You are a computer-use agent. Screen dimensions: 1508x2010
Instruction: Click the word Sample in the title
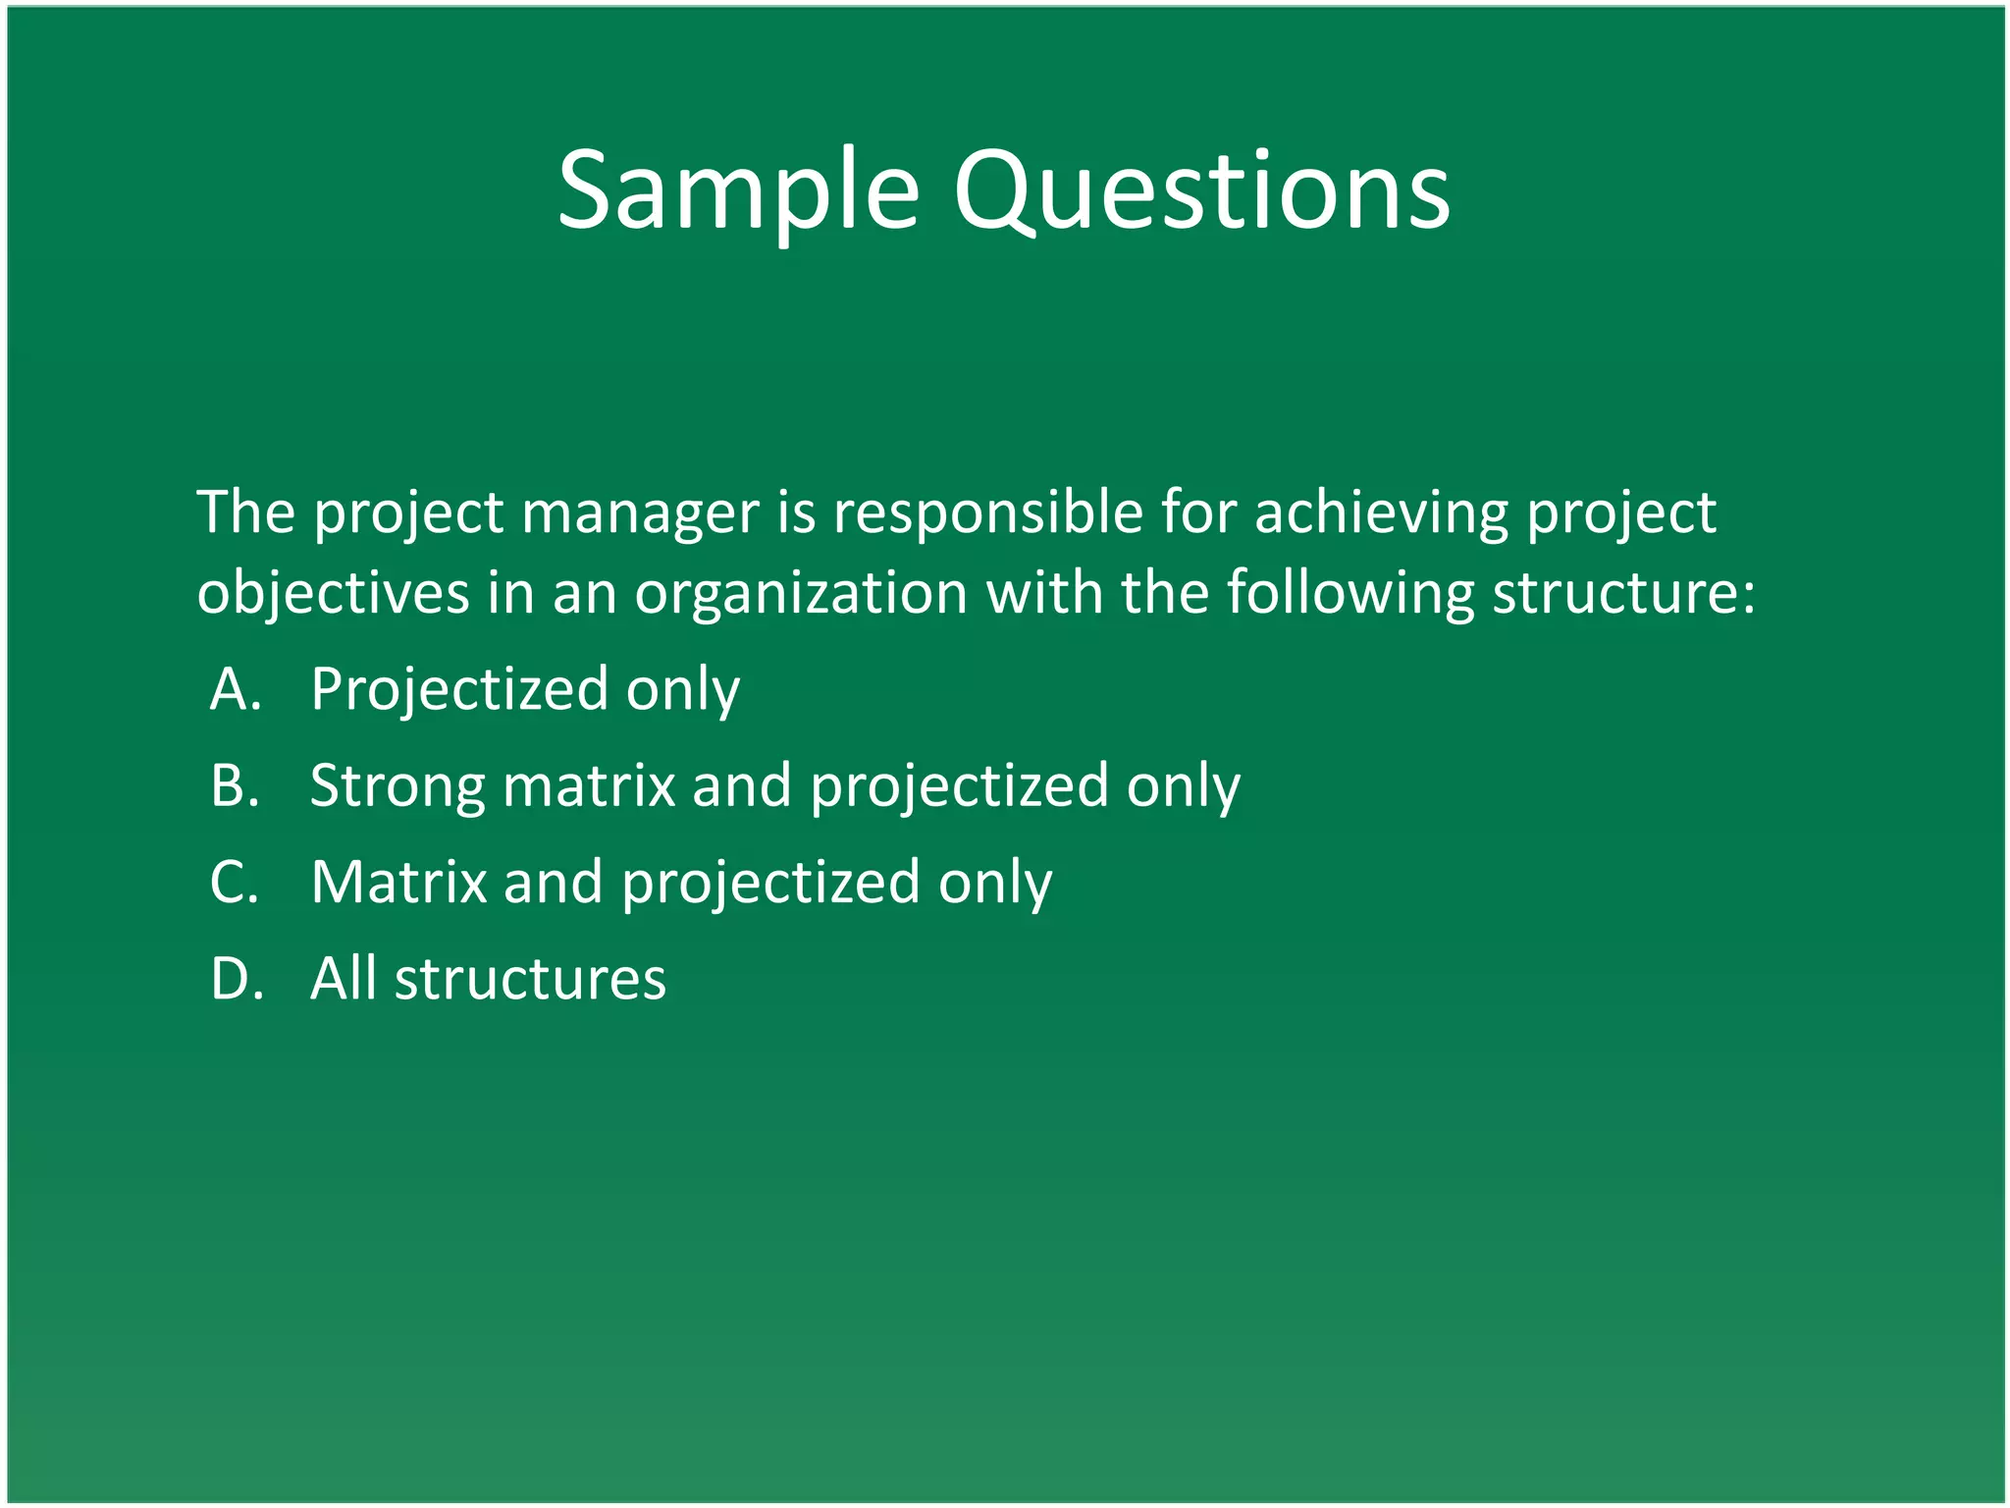pos(738,191)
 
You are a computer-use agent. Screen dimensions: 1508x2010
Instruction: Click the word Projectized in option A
pos(459,690)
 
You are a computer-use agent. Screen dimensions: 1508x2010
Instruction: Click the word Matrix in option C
pos(398,882)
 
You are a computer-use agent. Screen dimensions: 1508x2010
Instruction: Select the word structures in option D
pos(530,978)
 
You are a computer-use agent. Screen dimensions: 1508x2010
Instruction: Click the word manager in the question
pos(640,514)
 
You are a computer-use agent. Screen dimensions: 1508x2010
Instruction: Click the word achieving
pos(1381,514)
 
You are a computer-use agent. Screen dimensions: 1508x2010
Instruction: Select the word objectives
pos(333,593)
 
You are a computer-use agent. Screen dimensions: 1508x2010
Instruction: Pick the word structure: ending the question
pos(1623,593)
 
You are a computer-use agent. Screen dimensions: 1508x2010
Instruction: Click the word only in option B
pos(1183,787)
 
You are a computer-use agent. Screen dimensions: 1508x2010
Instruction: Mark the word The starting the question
pos(246,512)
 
